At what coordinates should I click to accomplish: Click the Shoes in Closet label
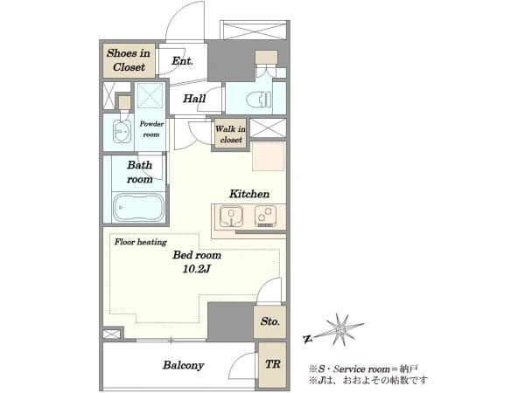(129, 60)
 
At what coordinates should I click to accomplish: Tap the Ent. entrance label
(182, 61)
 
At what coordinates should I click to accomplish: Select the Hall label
(194, 99)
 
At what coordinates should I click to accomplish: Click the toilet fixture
(258, 100)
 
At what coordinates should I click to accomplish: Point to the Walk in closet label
(230, 134)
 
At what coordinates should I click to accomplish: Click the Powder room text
(151, 129)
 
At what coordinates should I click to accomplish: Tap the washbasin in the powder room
(122, 131)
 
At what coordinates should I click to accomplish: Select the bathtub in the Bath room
(138, 208)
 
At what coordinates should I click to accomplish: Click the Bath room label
(140, 172)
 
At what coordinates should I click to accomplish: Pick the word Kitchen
(249, 194)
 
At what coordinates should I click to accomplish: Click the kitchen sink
(231, 217)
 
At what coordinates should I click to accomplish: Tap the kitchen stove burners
(265, 216)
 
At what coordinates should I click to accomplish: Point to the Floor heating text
(141, 242)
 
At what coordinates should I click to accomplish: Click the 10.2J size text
(196, 269)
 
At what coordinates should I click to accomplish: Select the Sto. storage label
(269, 321)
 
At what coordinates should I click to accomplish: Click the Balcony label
(183, 365)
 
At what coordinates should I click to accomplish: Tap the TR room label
(272, 364)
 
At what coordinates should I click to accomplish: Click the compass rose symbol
(340, 330)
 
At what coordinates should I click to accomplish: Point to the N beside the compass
(307, 339)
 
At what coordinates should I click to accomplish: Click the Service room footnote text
(363, 369)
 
